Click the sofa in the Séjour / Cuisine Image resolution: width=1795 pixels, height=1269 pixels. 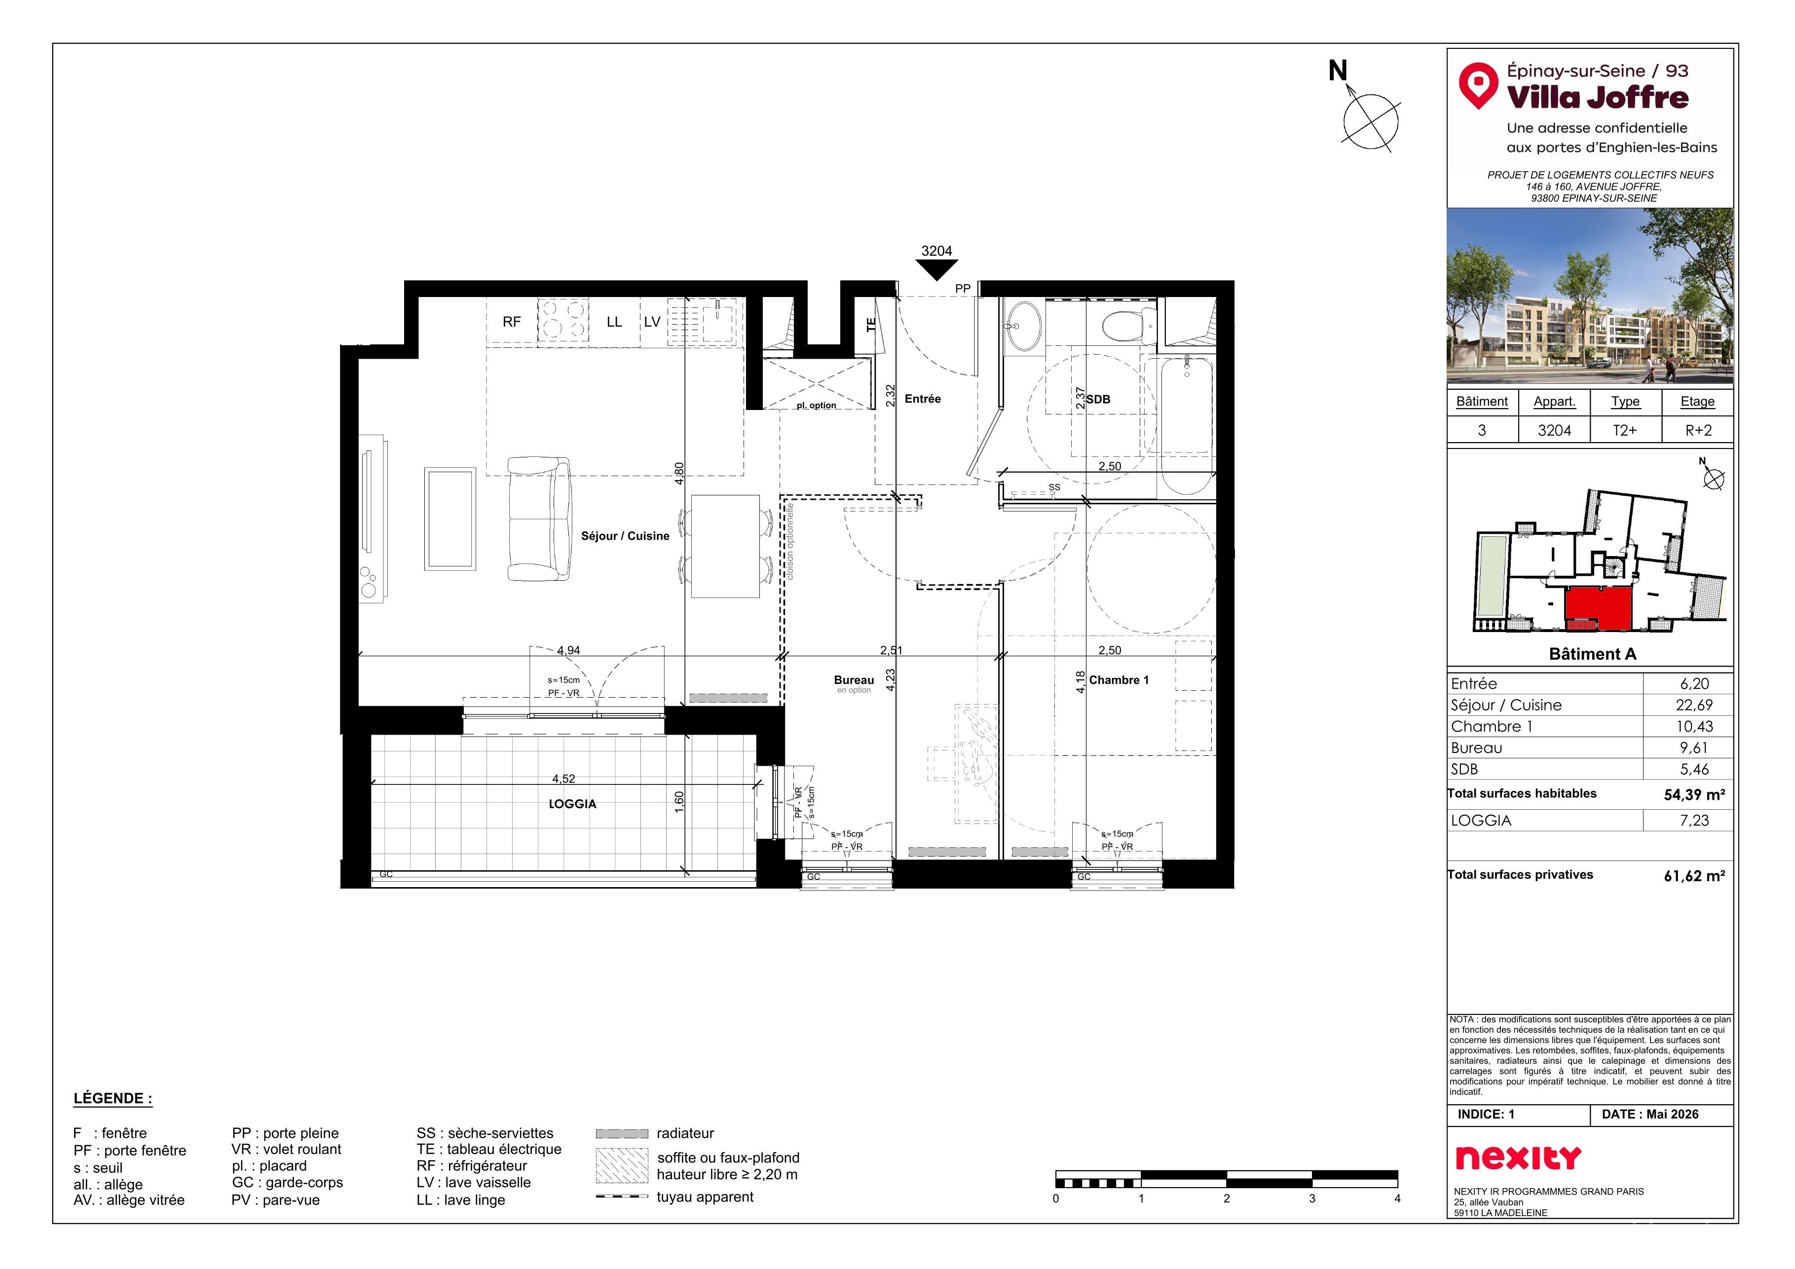click(x=539, y=519)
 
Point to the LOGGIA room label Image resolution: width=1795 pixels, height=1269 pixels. click(x=572, y=804)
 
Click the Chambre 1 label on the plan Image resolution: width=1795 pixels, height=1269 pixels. click(x=1119, y=680)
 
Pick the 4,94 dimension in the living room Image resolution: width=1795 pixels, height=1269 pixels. click(x=568, y=650)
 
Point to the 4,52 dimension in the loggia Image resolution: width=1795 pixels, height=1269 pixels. click(x=563, y=779)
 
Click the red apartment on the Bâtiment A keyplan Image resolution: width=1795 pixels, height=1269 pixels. click(x=1598, y=609)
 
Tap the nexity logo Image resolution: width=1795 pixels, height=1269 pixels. click(x=1518, y=1158)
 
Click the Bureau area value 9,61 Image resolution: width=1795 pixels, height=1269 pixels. click(x=1694, y=747)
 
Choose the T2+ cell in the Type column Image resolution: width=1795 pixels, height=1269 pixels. click(x=1625, y=430)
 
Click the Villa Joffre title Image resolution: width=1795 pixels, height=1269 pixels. click(x=1597, y=97)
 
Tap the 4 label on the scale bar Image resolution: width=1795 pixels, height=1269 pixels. click(x=1397, y=1198)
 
